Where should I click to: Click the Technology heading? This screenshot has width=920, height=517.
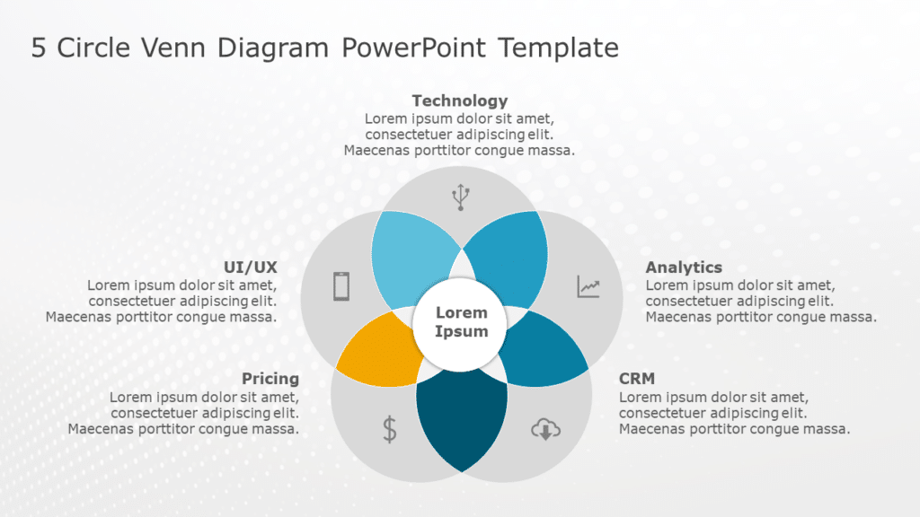click(x=459, y=101)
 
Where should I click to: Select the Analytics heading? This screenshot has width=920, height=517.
click(x=684, y=267)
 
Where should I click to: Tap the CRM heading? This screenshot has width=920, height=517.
click(x=637, y=379)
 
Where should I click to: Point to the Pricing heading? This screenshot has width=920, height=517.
click(x=270, y=379)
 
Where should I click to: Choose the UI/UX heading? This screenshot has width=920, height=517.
click(x=251, y=267)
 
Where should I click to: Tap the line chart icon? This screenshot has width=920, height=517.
click(x=588, y=286)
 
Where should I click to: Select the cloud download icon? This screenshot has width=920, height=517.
click(x=544, y=430)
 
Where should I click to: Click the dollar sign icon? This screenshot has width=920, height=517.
click(x=389, y=429)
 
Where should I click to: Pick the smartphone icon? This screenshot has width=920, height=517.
click(x=341, y=286)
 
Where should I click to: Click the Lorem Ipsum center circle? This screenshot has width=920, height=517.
click(x=461, y=322)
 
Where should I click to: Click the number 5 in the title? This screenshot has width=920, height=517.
click(x=39, y=48)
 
